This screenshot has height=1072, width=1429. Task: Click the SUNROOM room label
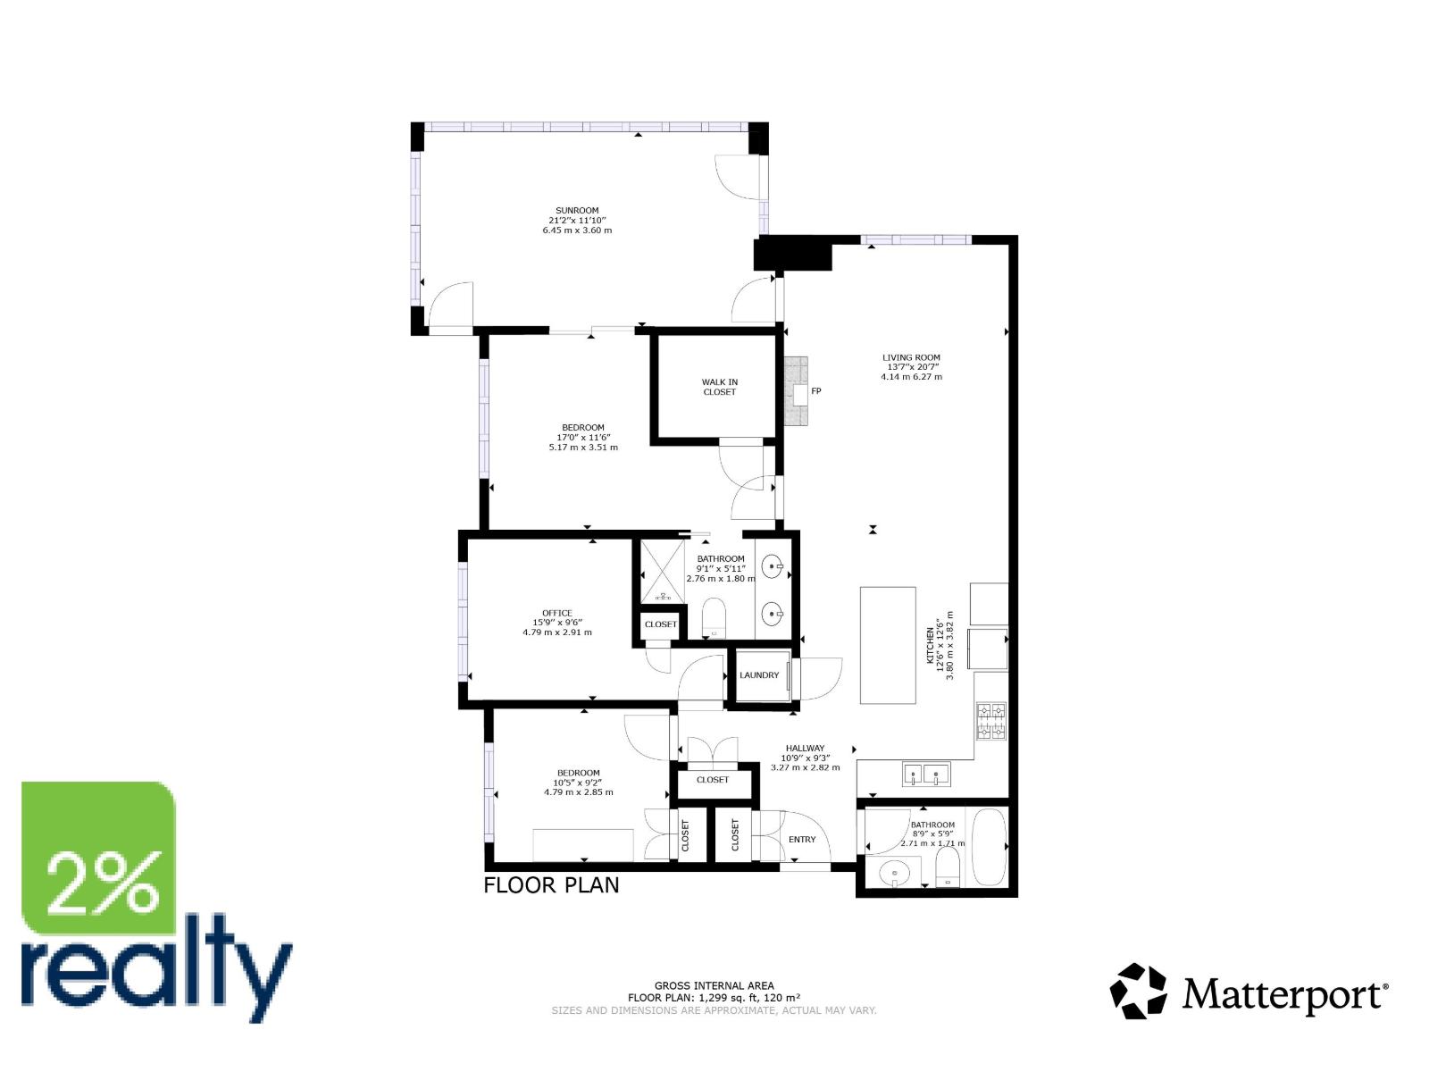coord(577,211)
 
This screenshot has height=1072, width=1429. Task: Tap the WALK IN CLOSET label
coord(719,387)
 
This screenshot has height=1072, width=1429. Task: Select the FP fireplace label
coord(815,391)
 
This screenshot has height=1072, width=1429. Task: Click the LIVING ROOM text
coord(911,357)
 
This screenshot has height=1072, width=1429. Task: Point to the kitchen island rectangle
coord(888,645)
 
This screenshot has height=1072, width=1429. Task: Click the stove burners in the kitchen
coord(990,722)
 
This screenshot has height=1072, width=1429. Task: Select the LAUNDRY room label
coord(759,675)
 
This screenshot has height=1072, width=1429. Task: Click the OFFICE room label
coord(556,613)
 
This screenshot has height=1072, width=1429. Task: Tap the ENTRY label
coord(802,840)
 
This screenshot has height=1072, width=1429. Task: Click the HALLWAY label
coord(805,749)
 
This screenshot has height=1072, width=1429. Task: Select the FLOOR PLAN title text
coord(551,885)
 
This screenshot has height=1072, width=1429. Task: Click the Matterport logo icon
coord(1138,991)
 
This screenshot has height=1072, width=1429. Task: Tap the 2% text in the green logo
coord(105,883)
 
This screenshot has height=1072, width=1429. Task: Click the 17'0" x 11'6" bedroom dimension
coord(583,437)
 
